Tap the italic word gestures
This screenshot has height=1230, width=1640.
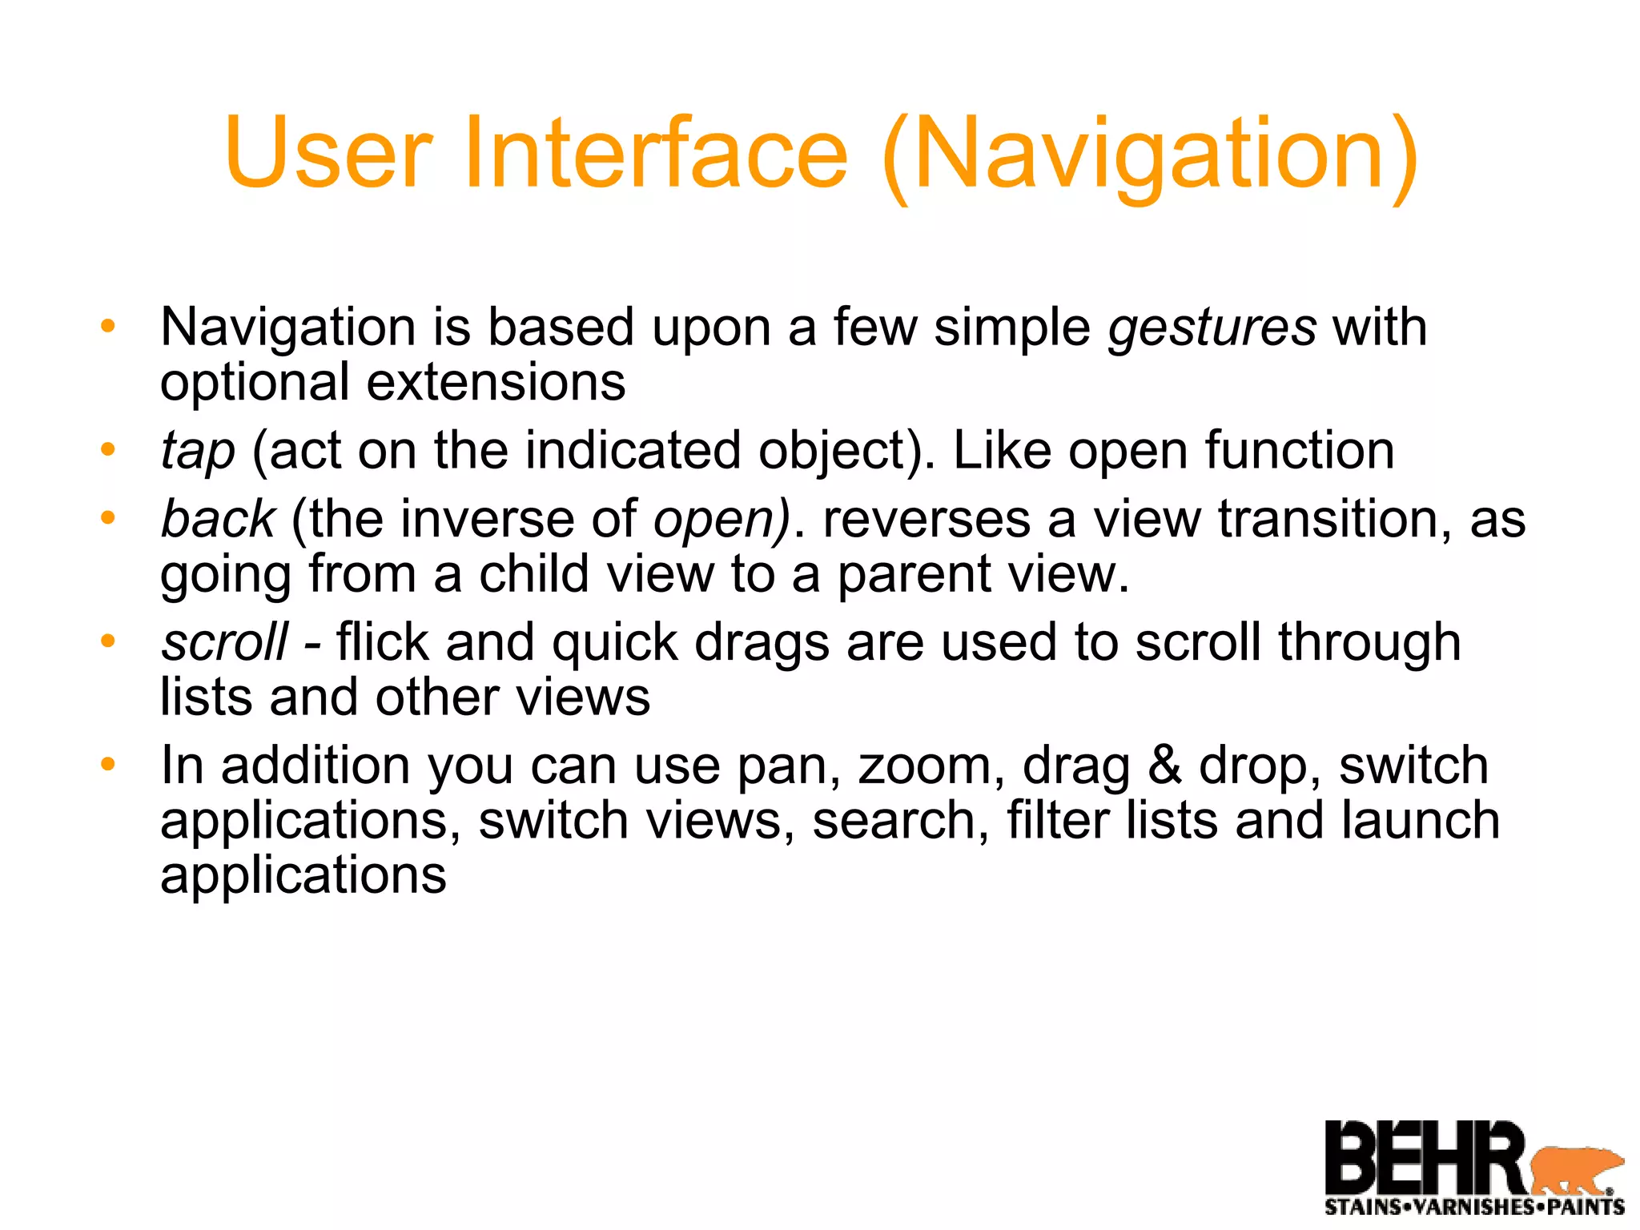pyautogui.click(x=1212, y=328)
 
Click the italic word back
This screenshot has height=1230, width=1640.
pyautogui.click(x=218, y=519)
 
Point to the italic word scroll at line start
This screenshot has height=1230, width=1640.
pyautogui.click(x=224, y=642)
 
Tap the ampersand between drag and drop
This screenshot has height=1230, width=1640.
pyautogui.click(x=1164, y=765)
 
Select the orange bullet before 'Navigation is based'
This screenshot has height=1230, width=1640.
pyautogui.click(x=108, y=326)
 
